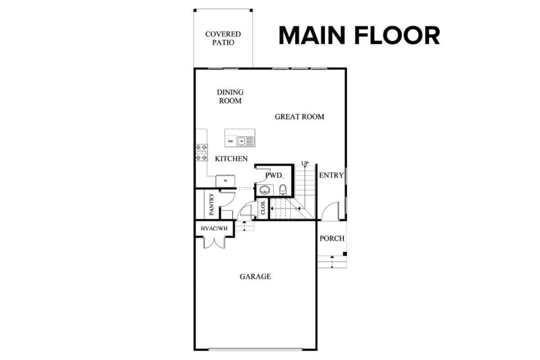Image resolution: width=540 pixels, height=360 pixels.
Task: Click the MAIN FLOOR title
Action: pyautogui.click(x=359, y=35)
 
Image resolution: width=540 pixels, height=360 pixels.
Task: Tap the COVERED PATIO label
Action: pyautogui.click(x=223, y=38)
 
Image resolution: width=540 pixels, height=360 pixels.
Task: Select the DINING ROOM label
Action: pyautogui.click(x=230, y=96)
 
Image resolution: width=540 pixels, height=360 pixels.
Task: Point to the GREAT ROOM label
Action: pyautogui.click(x=300, y=116)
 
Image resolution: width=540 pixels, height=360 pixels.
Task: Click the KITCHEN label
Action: pyautogui.click(x=231, y=158)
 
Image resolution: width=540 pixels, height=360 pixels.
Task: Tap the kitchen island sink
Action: pyautogui.click(x=246, y=141)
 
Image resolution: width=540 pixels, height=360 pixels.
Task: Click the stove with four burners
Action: pyautogui.click(x=201, y=152)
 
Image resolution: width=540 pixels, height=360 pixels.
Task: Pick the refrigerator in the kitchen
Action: pyautogui.click(x=225, y=181)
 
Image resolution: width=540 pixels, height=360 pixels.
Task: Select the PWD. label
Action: pyautogui.click(x=275, y=175)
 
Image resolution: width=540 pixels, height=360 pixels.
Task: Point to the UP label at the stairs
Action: pyautogui.click(x=305, y=163)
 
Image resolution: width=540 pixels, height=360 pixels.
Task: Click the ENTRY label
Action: pyautogui.click(x=331, y=175)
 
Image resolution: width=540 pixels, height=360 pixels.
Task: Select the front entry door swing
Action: pyautogui.click(x=330, y=212)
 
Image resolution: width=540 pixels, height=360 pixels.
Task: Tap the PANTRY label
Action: pyautogui.click(x=211, y=204)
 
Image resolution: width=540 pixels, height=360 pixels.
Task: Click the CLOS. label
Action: pyautogui.click(x=263, y=208)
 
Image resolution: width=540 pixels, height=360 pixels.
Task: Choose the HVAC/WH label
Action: pyautogui.click(x=214, y=228)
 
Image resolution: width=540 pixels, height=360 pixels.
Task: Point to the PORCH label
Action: pyautogui.click(x=332, y=238)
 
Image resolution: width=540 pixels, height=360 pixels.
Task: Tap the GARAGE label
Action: pyautogui.click(x=255, y=276)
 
